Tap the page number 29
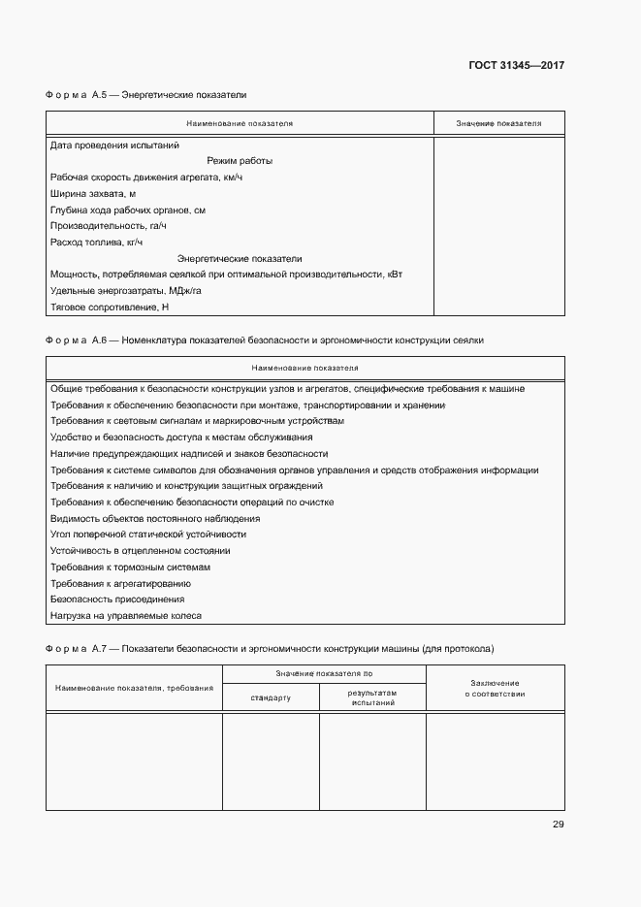point(558,825)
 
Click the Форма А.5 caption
point(145,96)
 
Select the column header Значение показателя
point(498,124)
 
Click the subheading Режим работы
point(240,161)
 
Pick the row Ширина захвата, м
point(93,194)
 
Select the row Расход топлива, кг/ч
point(96,243)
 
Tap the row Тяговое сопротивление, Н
point(109,308)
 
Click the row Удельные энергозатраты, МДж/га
point(125,291)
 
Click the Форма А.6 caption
point(264,341)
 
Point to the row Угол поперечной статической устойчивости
point(147,534)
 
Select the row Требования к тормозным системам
point(130,567)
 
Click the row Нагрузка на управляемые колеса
point(125,616)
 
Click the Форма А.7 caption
point(269,647)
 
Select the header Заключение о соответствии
point(495,688)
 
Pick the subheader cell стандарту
point(271,697)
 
